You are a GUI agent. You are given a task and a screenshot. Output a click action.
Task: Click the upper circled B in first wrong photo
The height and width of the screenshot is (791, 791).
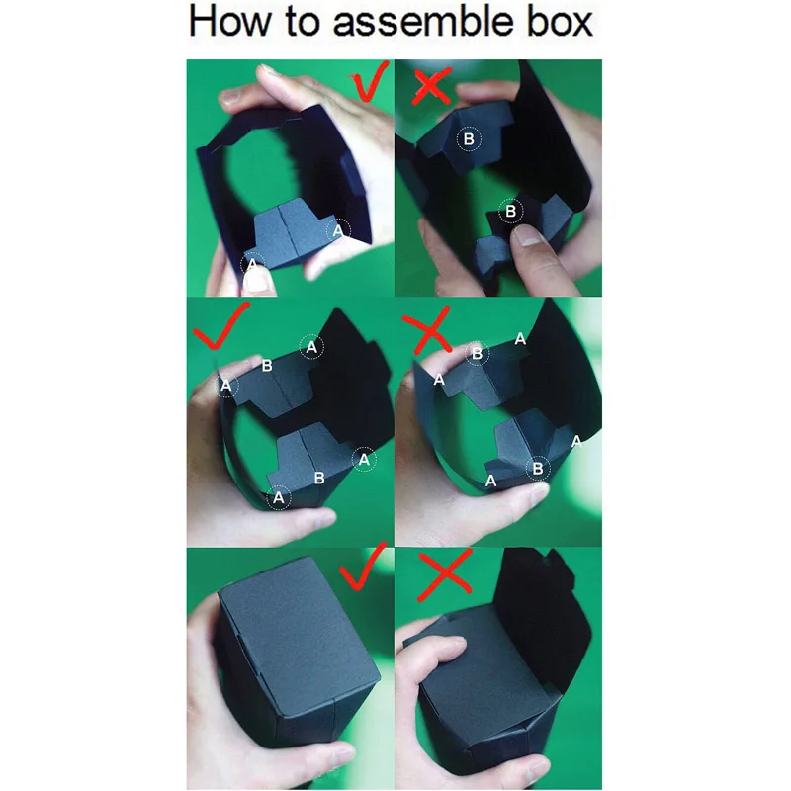469,139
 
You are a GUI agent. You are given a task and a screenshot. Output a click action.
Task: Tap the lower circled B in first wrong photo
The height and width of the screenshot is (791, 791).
510,210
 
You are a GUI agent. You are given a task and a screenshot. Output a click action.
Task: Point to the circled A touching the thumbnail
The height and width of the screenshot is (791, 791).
253,265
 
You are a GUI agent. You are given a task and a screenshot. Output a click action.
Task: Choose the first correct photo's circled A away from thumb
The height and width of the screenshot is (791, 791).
338,230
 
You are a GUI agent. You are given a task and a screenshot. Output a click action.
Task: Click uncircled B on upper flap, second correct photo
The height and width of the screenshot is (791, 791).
266,366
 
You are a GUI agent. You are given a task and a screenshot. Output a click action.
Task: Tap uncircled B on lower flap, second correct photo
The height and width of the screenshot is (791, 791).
318,478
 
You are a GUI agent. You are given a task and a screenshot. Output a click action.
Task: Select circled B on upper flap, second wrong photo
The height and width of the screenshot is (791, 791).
478,353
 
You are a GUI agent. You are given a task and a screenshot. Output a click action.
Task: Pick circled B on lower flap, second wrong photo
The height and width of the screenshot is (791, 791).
538,468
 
